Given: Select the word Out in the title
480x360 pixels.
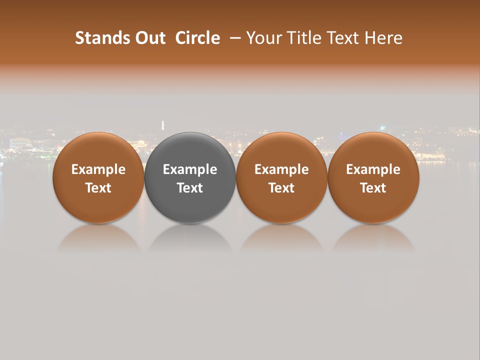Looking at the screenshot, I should [x=149, y=38].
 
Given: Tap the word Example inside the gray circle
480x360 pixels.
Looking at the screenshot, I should [x=190, y=170].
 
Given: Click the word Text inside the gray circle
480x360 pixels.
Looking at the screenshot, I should [x=190, y=188].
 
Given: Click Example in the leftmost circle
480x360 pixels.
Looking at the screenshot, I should [x=98, y=170].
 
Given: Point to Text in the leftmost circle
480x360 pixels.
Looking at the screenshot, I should [x=98, y=188].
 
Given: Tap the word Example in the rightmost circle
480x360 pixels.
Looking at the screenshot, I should [x=373, y=170].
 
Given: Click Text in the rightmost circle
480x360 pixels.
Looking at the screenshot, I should [x=373, y=188].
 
